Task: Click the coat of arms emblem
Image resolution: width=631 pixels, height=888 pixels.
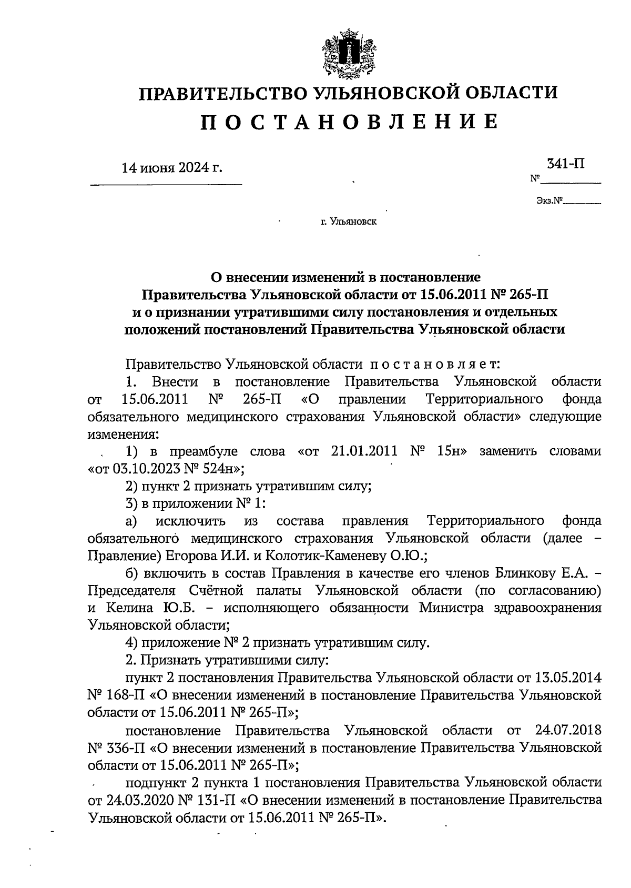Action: coord(347,54)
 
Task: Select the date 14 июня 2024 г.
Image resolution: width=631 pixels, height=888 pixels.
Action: coord(172,168)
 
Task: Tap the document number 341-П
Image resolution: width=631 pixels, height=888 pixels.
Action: coord(566,164)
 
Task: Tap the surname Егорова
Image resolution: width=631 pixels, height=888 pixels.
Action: coord(188,556)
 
